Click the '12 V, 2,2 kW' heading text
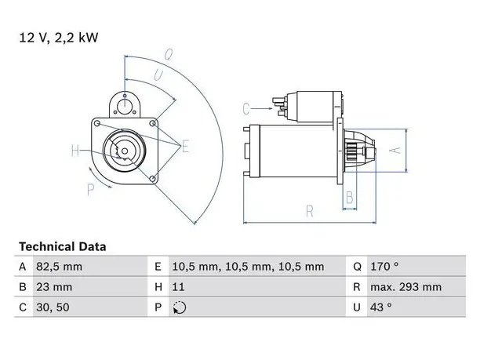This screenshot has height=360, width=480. coord(59,38)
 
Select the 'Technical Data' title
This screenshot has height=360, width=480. coord(63,247)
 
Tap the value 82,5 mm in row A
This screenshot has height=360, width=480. coord(59,267)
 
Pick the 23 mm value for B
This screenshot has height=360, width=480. coord(54,287)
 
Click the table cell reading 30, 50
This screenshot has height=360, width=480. coord(53,307)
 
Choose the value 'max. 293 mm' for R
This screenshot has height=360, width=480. coord(406,287)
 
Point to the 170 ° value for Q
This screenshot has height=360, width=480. coord(384,267)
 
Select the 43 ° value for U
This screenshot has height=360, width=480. coord(381,307)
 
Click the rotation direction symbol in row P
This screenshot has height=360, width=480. coord(180,307)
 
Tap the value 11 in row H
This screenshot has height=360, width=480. coord(179,287)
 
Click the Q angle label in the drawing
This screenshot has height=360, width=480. coord(169,54)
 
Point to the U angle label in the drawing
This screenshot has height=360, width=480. coord(158,75)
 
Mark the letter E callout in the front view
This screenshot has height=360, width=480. coord(185,146)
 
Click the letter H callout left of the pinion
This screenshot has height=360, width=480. coord(75,151)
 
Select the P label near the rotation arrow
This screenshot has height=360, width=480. coord(91,190)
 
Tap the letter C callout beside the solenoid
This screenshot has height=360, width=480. coord(246,109)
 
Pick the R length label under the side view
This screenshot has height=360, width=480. coord(310,212)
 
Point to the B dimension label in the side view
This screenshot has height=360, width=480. coord(350,198)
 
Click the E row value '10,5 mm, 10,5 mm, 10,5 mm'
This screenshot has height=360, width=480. coord(248,267)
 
